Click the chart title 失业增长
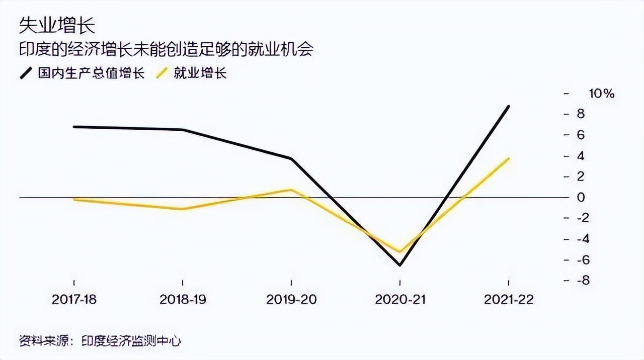tap(56, 24)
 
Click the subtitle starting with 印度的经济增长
tap(166, 49)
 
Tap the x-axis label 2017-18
tap(74, 300)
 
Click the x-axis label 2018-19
tap(182, 300)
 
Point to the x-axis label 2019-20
tap(291, 300)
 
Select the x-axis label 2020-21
tap(400, 300)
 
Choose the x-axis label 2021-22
tap(509, 300)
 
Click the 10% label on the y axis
tap(601, 94)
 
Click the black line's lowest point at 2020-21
tap(400, 265)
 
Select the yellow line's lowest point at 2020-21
tap(400, 251)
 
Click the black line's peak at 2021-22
tap(509, 106)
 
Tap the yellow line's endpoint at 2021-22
tap(509, 158)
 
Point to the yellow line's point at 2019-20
tap(291, 190)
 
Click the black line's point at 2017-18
tap(74, 127)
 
